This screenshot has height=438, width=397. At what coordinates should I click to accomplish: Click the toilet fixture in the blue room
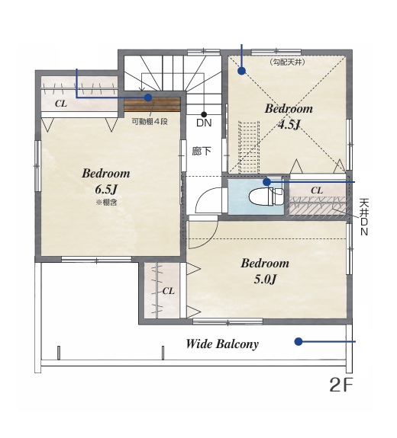(266, 197)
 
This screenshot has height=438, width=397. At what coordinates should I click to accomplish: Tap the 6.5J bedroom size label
(106, 190)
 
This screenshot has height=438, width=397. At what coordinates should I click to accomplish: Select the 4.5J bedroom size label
(289, 125)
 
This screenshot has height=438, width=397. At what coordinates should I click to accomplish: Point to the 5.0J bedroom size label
(265, 279)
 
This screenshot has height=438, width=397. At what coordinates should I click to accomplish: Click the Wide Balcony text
(222, 344)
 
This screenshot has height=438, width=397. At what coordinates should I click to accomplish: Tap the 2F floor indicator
(341, 385)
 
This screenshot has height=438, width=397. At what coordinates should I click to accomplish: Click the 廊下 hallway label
(202, 152)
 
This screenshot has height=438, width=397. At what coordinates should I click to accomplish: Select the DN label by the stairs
(204, 123)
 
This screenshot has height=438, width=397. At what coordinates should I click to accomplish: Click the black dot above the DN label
(204, 114)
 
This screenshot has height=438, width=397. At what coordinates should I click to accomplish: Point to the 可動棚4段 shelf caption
(150, 122)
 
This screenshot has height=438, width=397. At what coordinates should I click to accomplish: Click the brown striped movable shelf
(152, 105)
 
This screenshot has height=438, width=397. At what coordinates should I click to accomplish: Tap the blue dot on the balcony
(299, 341)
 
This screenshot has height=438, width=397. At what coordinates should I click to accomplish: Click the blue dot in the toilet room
(267, 182)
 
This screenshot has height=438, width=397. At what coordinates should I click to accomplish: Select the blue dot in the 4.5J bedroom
(241, 71)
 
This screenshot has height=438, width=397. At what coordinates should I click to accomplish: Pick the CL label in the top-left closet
(61, 104)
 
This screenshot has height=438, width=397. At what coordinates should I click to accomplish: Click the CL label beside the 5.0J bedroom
(168, 291)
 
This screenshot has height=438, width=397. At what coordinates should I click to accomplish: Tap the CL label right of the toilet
(317, 190)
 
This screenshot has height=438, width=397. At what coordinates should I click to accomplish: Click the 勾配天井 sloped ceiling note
(288, 62)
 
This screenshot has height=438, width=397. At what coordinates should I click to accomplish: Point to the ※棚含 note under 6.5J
(106, 202)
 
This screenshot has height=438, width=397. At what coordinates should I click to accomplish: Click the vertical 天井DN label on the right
(364, 217)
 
